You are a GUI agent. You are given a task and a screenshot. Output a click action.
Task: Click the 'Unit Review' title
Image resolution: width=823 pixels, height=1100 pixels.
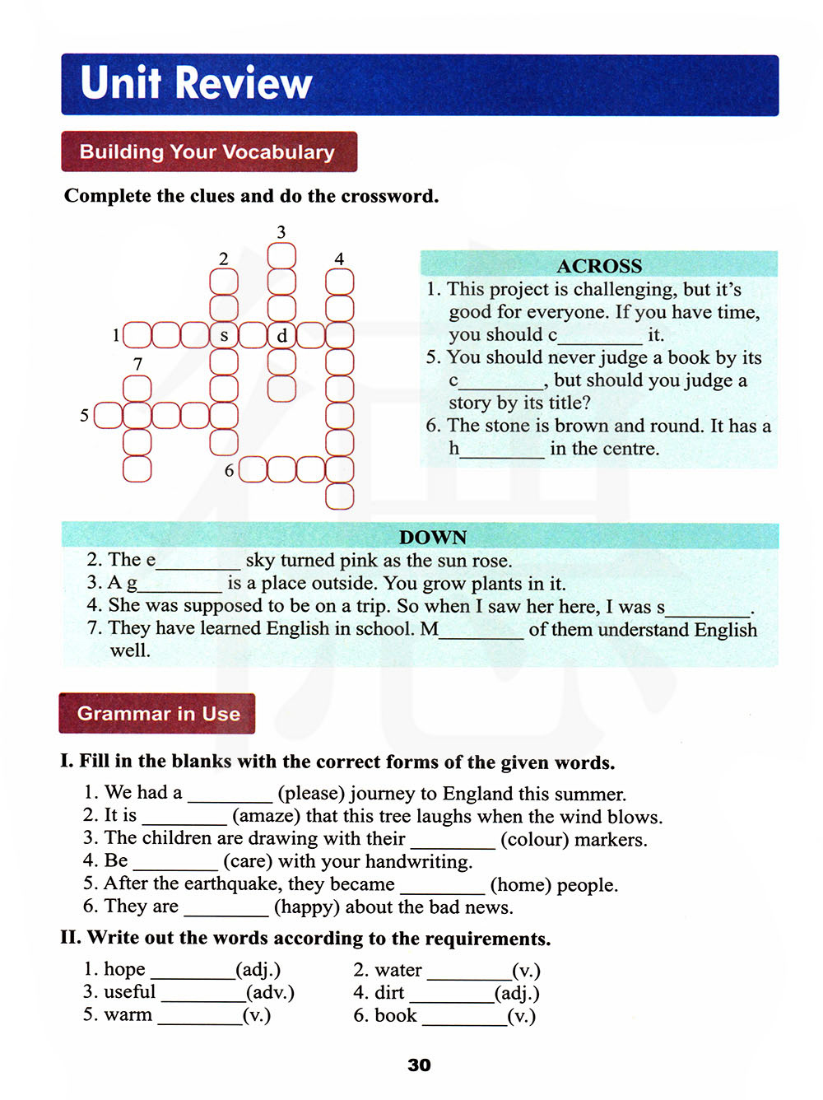[x=196, y=83]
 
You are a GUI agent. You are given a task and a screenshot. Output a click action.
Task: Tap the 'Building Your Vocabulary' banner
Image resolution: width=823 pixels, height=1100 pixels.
[x=207, y=152]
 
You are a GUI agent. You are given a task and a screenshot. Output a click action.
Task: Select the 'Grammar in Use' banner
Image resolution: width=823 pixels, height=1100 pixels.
[x=158, y=714]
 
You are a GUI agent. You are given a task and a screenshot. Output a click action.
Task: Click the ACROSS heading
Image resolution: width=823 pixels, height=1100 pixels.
[x=598, y=266]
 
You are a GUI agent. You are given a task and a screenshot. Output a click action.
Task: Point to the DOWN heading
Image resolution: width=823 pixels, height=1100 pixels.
[x=433, y=538]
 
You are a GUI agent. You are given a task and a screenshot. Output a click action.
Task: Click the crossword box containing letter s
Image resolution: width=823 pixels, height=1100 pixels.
[x=224, y=336]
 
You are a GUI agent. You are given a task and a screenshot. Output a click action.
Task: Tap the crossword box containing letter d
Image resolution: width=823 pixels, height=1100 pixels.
[x=281, y=336]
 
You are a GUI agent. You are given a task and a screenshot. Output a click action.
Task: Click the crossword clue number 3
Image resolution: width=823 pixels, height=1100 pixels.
[x=281, y=232]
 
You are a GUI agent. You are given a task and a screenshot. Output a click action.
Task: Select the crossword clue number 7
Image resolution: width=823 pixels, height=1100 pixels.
[x=137, y=364]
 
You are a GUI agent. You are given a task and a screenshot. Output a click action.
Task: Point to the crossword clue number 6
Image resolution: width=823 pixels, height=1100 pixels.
[x=230, y=471]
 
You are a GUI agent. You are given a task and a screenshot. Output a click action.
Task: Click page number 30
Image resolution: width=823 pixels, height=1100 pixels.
[x=419, y=1065]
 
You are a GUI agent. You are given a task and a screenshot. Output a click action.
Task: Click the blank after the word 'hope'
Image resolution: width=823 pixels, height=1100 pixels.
[x=193, y=972]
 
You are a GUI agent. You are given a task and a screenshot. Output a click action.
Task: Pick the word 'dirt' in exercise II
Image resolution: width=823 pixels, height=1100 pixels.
[x=389, y=993]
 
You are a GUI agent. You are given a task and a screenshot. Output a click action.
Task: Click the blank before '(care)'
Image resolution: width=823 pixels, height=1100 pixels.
[x=175, y=863]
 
